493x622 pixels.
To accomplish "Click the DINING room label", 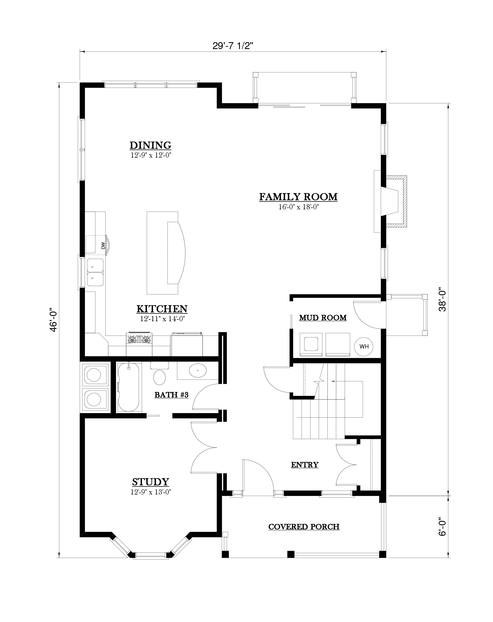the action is (150, 145).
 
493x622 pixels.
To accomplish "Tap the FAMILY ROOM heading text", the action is (298, 197).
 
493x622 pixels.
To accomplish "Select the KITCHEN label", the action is (162, 309).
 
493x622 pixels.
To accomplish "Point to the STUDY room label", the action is (151, 482).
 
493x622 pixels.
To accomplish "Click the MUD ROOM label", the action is (323, 318).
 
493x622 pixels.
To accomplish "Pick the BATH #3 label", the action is (172, 395).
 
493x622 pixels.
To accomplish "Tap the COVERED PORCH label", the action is (304, 527).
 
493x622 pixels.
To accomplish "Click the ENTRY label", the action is (304, 464).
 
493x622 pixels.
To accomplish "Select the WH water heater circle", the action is (364, 346).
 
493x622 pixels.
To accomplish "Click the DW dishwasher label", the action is (103, 245).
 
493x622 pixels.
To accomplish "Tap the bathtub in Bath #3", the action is (129, 387).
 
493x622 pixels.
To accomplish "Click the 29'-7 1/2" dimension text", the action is (233, 45).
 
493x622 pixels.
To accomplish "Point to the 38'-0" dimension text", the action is (442, 301).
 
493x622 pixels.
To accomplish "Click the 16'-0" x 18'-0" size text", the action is (298, 207).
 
